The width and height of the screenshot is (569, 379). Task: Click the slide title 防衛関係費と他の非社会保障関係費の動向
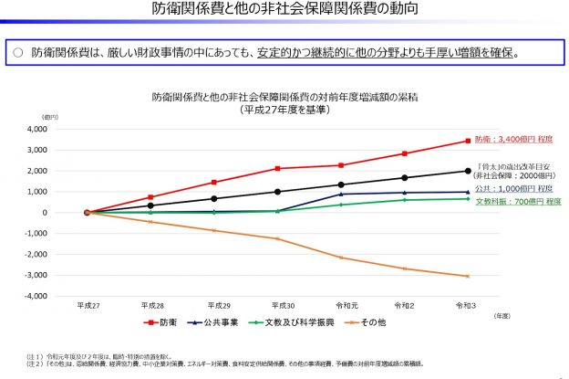coord(284,11)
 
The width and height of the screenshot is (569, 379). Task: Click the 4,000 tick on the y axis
coord(59,130)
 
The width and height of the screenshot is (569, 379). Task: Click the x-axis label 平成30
coord(277,306)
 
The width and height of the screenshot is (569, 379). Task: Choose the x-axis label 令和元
coord(341,306)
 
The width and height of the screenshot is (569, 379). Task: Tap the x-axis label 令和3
coord(468,306)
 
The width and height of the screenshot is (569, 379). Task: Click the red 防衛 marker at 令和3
coord(468,141)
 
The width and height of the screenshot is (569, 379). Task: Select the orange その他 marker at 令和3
coord(468,276)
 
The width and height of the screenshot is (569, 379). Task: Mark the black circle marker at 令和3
coord(468,171)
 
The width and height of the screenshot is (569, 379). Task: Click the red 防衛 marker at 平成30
coord(277,168)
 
